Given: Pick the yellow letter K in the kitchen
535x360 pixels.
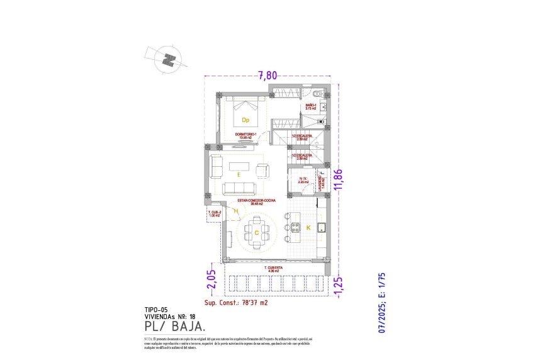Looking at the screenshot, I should click(308, 227).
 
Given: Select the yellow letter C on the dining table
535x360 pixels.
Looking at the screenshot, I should click(257, 232).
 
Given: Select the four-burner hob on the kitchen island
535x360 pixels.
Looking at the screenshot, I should click(319, 227).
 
